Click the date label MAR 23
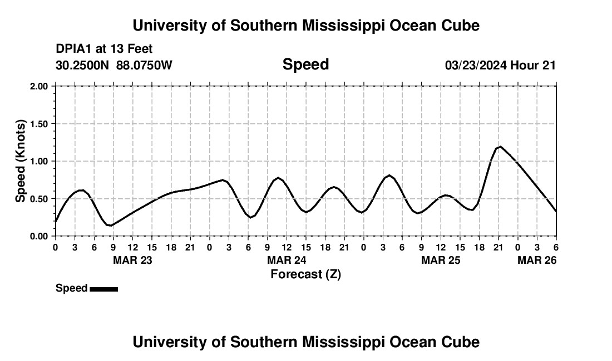(133, 260)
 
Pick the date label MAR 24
(287, 260)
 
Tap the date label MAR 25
(441, 260)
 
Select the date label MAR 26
(537, 260)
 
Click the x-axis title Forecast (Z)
(305, 274)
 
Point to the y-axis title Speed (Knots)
(21, 161)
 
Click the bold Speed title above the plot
(305, 64)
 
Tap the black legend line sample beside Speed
(103, 289)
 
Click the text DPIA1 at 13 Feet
(104, 49)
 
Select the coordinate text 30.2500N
(83, 65)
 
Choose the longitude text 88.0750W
(144, 65)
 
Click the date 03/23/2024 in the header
(476, 65)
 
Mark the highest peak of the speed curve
(500, 147)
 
